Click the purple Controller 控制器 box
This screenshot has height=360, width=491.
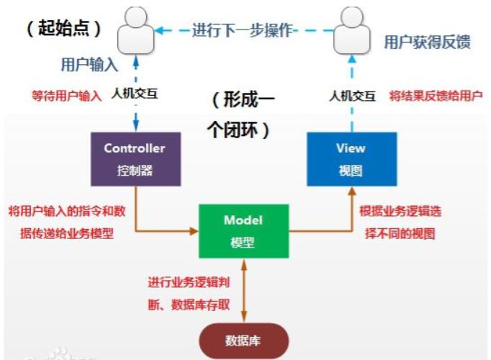135,159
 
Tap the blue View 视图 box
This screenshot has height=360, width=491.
351,158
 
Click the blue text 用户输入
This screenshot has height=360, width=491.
89,65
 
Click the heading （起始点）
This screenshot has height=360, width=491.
63,29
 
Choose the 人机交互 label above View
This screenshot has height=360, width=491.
352,95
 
